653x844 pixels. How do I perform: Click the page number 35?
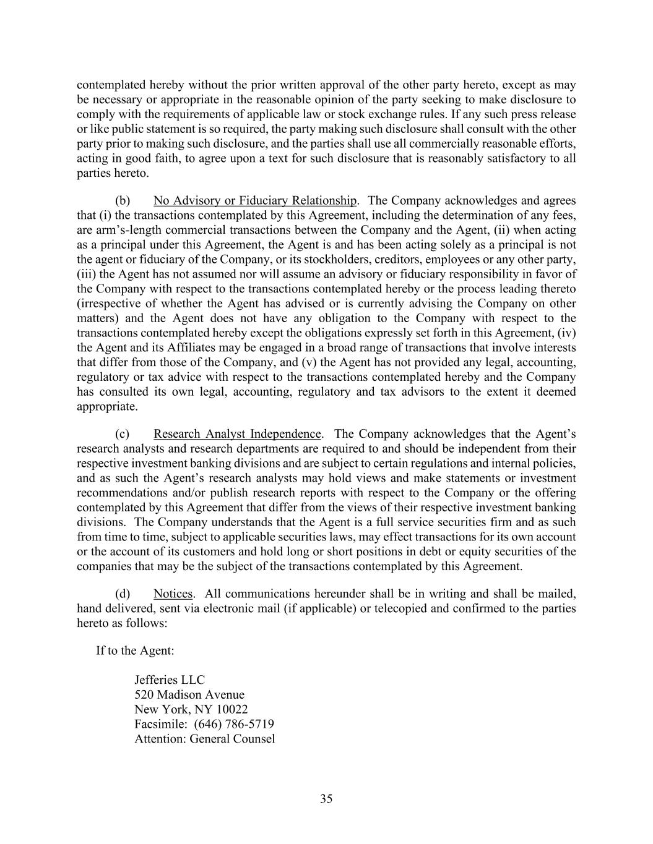[326, 799]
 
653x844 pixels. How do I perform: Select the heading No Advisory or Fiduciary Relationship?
[255, 201]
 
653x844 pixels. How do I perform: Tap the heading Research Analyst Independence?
[238, 434]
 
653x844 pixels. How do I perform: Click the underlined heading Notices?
[173, 594]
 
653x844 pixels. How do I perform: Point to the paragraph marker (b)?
[123, 201]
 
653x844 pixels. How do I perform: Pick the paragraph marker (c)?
[123, 434]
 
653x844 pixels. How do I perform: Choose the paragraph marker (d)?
[123, 594]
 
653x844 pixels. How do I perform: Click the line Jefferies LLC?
[169, 680]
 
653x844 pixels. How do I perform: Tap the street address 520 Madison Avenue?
[189, 695]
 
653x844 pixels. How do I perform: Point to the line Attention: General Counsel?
[204, 739]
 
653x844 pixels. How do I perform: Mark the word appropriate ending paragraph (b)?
[106, 407]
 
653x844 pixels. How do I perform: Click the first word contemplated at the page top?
[110, 85]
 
